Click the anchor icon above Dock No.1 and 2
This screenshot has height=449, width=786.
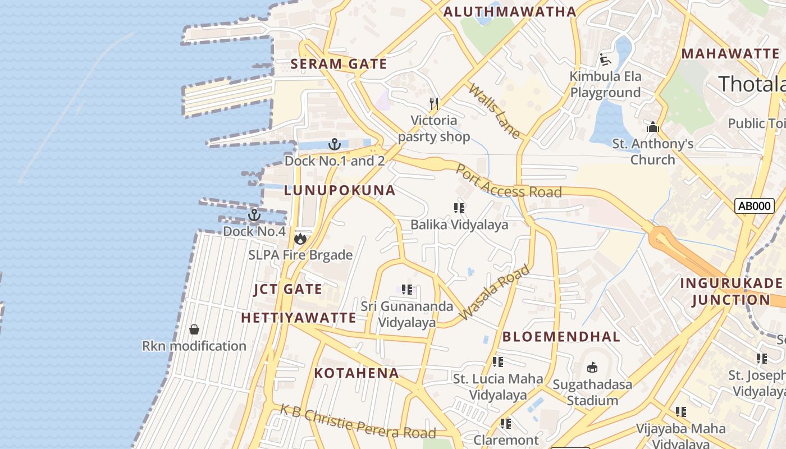(x=335, y=144)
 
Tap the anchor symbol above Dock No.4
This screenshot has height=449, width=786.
(x=254, y=215)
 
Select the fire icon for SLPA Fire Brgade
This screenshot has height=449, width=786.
(x=300, y=239)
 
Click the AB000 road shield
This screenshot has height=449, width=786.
(x=754, y=206)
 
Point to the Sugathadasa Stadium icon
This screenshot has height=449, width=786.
(x=592, y=368)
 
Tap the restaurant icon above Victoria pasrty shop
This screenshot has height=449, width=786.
(x=434, y=103)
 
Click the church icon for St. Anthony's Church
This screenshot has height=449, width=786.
(x=652, y=127)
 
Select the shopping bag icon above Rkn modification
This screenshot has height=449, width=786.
(x=194, y=329)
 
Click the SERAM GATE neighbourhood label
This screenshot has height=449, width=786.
(x=339, y=64)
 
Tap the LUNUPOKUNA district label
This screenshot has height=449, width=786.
(x=340, y=190)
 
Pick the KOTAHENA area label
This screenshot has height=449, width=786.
(x=357, y=373)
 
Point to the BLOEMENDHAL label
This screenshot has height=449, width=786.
(x=561, y=337)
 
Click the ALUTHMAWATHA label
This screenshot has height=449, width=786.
(x=510, y=11)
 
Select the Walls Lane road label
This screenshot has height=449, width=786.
(x=495, y=111)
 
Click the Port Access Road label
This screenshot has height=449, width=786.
(x=508, y=182)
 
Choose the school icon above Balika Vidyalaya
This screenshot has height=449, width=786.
(x=459, y=208)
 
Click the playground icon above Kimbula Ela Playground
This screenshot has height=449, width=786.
(x=605, y=59)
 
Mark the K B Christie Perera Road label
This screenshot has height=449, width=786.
(x=358, y=422)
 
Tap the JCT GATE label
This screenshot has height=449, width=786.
(x=288, y=290)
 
